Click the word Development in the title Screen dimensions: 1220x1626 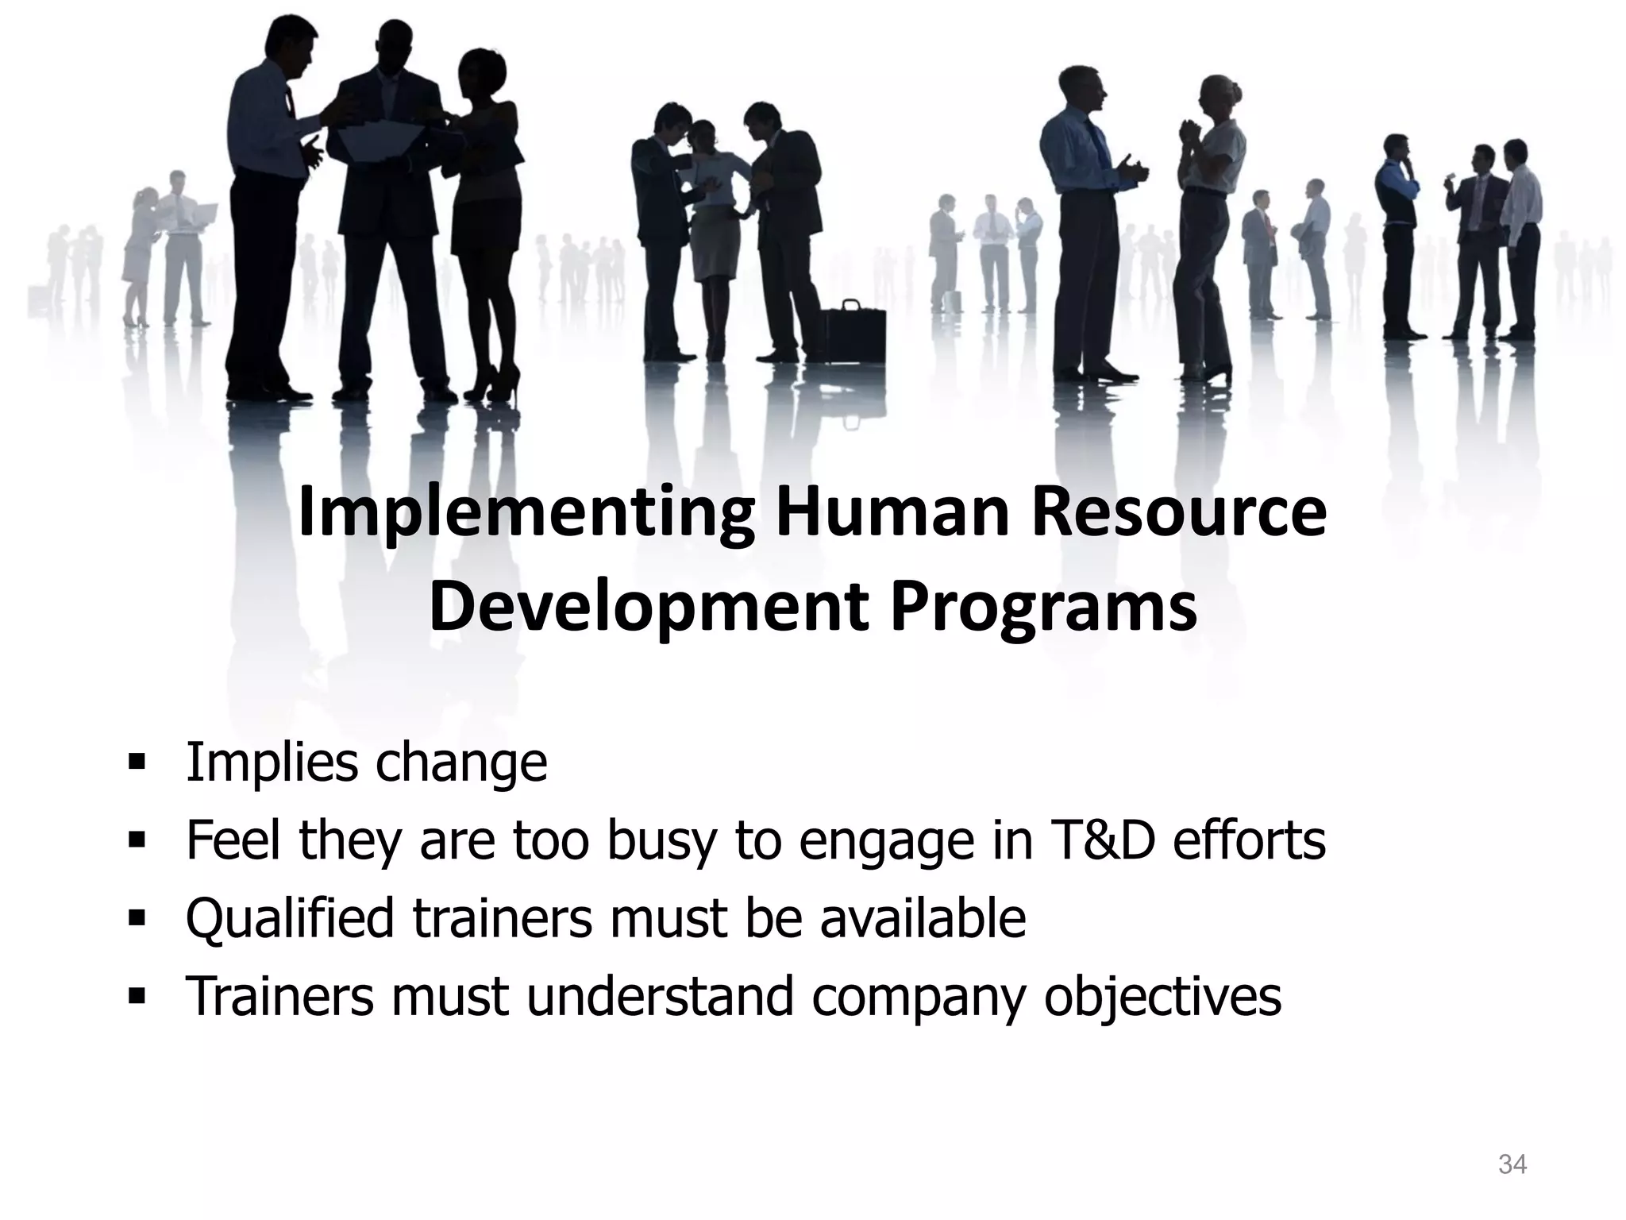648,608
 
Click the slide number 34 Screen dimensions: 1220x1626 1512,1164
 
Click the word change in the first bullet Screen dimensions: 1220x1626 461,762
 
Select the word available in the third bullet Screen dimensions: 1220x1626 923,918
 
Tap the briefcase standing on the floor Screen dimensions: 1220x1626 853,334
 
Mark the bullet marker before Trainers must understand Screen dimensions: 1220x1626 137,996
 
